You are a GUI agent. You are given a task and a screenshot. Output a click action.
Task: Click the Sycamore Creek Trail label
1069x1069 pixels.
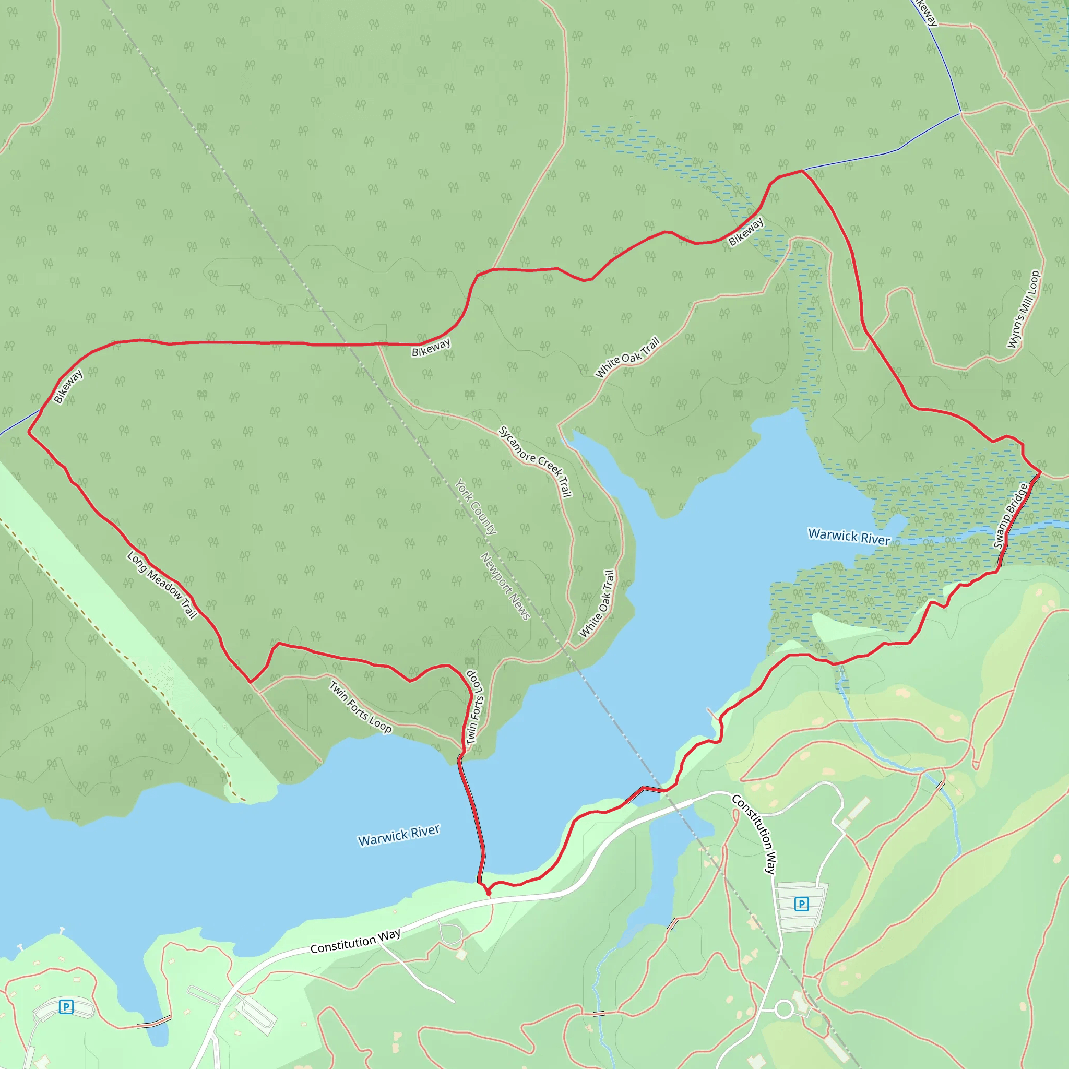(x=535, y=461)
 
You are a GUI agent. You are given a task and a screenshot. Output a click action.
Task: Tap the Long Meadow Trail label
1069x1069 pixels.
(x=162, y=585)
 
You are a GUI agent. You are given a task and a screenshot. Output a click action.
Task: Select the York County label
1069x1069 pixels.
(x=476, y=506)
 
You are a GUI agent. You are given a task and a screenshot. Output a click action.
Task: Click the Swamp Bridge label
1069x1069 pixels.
(x=1011, y=516)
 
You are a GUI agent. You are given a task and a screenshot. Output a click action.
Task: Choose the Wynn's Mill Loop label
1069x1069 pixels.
(x=1024, y=310)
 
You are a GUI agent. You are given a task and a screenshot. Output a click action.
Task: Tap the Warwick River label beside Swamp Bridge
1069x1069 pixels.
(x=849, y=536)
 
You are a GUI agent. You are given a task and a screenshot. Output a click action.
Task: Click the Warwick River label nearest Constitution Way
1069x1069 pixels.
(x=398, y=835)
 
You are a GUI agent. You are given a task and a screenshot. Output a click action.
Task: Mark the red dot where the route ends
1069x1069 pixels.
(x=488, y=893)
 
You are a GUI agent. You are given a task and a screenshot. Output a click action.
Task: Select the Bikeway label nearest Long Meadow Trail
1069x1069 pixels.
(x=68, y=386)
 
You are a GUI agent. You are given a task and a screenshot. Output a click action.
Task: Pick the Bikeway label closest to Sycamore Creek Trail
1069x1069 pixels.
(x=431, y=348)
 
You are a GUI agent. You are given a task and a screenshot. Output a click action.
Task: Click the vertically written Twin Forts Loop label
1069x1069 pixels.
(x=474, y=708)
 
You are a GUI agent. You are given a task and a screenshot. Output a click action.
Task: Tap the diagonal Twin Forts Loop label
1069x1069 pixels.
(x=361, y=707)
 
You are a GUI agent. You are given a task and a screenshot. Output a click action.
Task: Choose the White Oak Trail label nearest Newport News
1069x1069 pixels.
(x=597, y=604)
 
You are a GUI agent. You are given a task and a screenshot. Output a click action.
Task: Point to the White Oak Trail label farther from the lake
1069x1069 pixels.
(x=627, y=358)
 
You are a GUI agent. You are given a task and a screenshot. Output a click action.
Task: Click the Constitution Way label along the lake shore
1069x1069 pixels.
(x=355, y=941)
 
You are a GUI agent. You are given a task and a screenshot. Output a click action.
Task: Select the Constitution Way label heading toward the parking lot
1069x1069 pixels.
(x=755, y=835)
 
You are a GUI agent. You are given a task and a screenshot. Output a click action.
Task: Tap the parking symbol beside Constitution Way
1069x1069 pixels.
(x=801, y=904)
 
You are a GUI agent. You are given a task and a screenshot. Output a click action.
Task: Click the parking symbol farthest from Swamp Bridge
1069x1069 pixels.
(x=66, y=1006)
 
